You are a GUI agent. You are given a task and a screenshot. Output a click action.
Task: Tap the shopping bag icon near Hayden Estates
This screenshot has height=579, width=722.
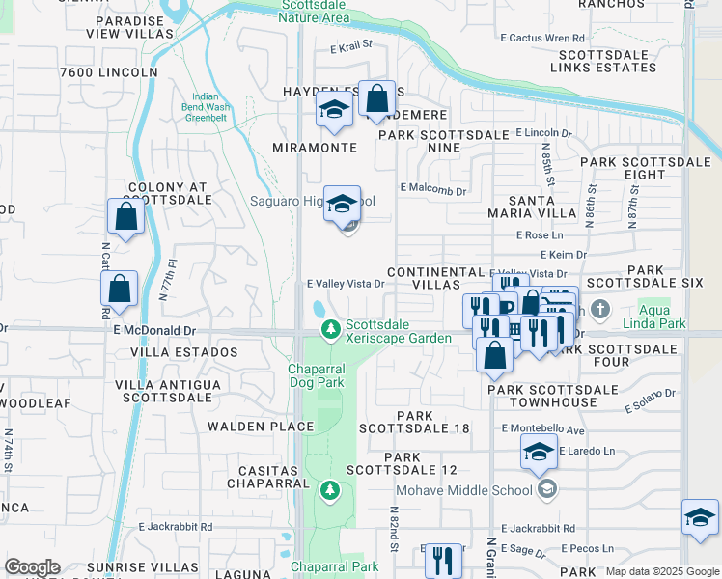pos(376,98)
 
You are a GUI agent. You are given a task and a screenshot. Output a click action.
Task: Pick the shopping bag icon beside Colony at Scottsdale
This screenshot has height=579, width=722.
pos(126,216)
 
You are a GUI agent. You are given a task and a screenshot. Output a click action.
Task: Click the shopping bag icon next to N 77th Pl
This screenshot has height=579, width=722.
pos(119,289)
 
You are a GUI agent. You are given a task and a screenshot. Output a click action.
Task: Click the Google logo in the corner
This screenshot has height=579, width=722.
pos(31,567)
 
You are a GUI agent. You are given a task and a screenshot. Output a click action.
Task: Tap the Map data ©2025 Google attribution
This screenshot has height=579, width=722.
pos(661,571)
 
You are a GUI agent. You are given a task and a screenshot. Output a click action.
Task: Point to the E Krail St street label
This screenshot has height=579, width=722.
pos(350,45)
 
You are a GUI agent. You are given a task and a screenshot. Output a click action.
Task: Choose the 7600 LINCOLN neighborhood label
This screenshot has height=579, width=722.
pos(108,72)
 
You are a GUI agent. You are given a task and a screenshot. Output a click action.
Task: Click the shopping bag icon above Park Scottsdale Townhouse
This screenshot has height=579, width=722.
pos(494,354)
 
